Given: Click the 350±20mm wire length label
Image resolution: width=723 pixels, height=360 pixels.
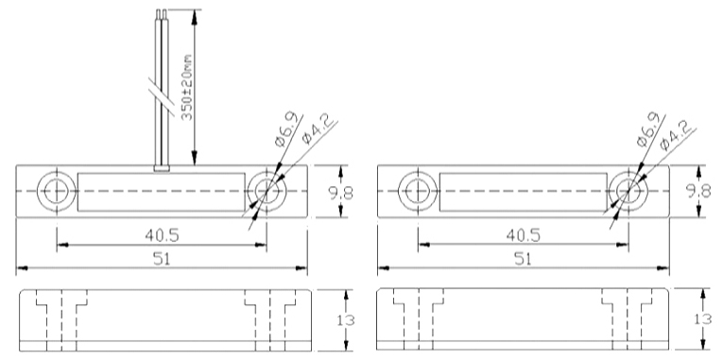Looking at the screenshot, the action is (x=187, y=87).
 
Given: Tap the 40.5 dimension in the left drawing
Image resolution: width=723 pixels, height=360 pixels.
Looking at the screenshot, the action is (x=162, y=235).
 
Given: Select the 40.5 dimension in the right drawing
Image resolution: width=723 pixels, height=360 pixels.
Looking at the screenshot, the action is (x=523, y=235).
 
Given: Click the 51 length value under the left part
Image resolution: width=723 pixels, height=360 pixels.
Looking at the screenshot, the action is (x=162, y=259).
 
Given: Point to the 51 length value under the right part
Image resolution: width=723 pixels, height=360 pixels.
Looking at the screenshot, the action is (x=523, y=259).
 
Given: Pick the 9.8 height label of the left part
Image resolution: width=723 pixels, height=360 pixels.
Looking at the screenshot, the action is (x=341, y=192).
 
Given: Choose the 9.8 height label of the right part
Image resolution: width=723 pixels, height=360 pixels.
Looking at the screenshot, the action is (x=699, y=191).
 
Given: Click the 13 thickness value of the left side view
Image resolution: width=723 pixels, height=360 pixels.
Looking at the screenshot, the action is (x=345, y=319).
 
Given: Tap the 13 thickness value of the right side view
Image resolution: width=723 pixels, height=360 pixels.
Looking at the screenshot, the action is (x=703, y=319).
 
